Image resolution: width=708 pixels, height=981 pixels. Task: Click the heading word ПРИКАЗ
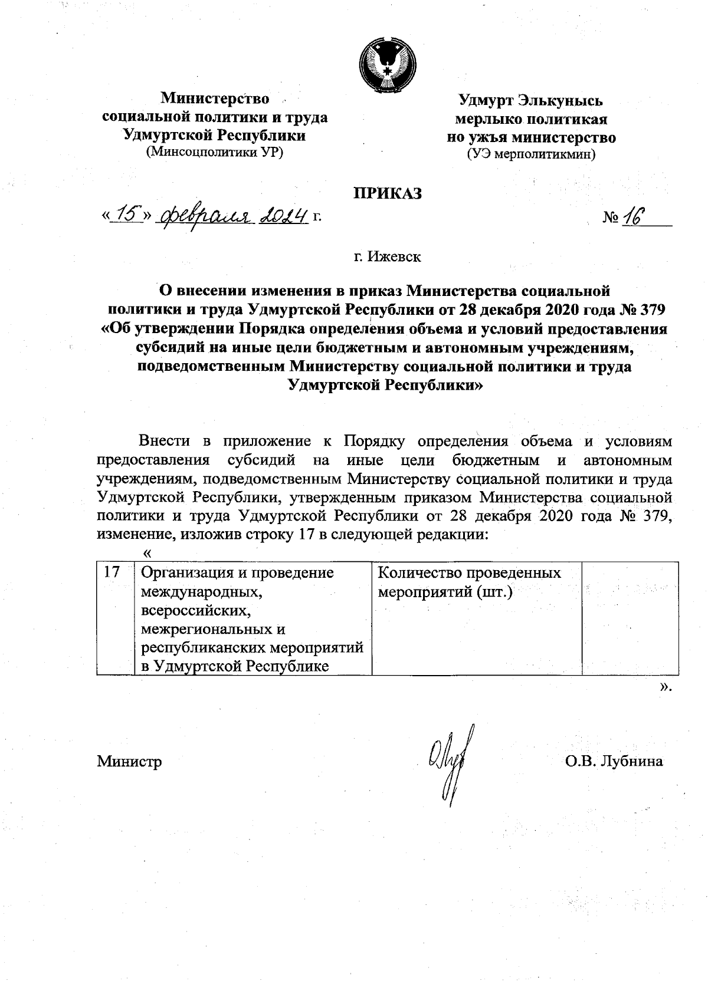coord(388,193)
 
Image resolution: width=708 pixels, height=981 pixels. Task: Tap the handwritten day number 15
coord(128,216)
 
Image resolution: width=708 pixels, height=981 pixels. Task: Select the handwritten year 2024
coord(286,216)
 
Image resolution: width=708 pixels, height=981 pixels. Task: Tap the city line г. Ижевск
coord(387,257)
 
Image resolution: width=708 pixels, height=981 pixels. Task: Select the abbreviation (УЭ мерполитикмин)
coord(531,155)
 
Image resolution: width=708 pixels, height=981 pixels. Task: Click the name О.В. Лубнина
coord(614,761)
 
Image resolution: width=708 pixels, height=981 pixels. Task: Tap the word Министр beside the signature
coord(130,761)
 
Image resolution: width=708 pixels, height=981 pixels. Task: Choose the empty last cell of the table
coord(629,618)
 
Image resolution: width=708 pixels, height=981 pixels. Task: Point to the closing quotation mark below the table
coord(666,686)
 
